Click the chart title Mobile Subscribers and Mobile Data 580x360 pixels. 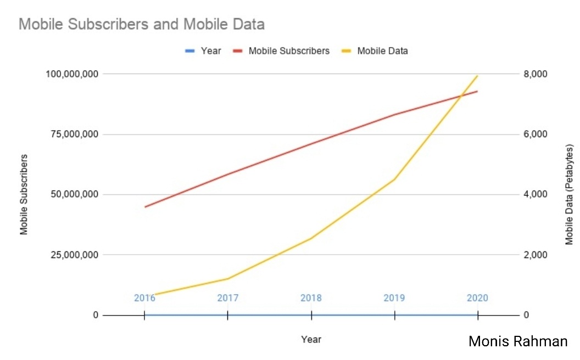(142, 24)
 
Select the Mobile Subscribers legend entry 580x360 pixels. (288, 51)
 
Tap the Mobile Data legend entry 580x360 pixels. (382, 51)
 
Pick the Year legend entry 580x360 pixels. (210, 51)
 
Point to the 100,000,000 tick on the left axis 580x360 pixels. (72, 74)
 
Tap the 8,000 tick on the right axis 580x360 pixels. (536, 74)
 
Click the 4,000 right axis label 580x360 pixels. (536, 195)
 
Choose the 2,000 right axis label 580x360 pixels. (536, 255)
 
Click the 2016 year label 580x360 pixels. (144, 298)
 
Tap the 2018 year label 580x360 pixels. (311, 298)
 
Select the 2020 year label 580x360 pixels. (477, 298)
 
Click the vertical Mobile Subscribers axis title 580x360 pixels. (24, 195)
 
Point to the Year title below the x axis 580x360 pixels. (311, 339)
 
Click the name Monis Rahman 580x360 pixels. (518, 341)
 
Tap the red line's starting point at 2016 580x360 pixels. (145, 207)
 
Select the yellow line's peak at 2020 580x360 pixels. (477, 76)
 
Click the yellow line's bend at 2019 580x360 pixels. (394, 179)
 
